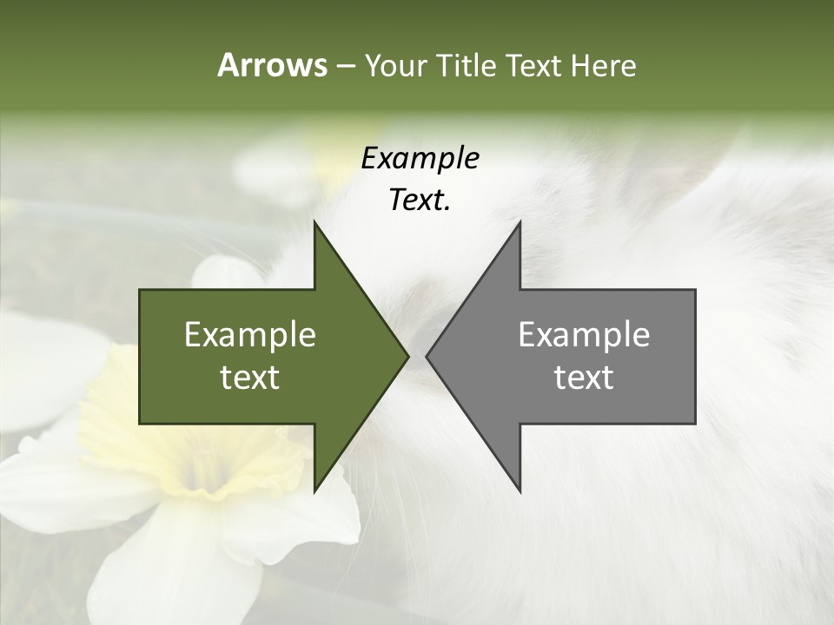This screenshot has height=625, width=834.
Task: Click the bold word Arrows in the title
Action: pos(272,65)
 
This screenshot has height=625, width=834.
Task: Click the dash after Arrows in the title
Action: pos(345,66)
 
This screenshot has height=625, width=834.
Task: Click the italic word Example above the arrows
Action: pos(420,158)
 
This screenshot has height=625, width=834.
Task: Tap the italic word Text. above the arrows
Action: pos(420,201)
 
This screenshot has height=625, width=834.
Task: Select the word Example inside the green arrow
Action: pos(250,335)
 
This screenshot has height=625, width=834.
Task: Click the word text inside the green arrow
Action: pos(250,378)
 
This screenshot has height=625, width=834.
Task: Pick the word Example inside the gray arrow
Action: pos(584,335)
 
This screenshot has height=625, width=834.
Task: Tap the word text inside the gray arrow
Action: pos(584,378)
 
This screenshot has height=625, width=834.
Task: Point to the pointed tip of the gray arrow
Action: pos(427,356)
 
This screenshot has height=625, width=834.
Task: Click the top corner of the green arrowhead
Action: pos(314,222)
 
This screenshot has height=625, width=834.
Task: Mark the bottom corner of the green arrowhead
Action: pos(314,490)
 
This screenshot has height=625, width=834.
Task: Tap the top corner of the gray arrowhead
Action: pos(520,222)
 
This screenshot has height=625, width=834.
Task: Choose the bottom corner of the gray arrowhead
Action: pos(520,490)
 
